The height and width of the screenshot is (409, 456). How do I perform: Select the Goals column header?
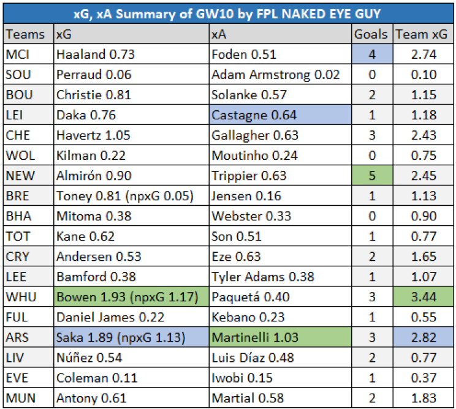coord(371,35)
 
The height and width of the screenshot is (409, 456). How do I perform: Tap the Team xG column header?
coord(422,35)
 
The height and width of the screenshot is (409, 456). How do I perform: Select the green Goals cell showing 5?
coord(371,176)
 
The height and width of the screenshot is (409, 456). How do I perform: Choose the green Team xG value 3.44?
coord(422,297)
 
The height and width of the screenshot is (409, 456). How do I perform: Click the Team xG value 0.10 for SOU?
coord(422,75)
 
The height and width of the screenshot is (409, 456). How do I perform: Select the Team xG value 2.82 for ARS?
coord(422,337)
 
